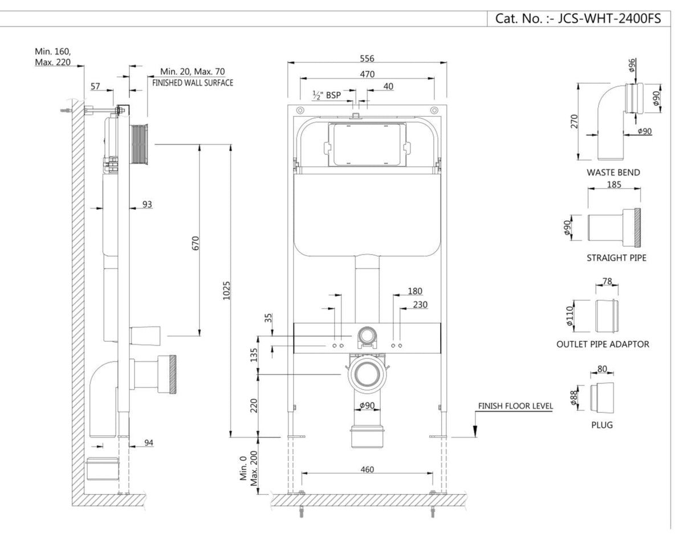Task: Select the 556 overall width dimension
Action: [367, 59]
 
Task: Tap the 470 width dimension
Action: [367, 74]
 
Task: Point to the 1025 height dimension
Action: [226, 290]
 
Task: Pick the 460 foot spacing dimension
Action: [368, 469]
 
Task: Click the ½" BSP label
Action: [326, 95]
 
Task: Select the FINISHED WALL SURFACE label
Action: [193, 83]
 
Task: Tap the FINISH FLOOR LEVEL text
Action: [515, 406]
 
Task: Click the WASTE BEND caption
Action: [613, 172]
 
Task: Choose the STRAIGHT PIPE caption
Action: [616, 258]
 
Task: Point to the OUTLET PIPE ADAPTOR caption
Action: [603, 344]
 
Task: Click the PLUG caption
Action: [602, 425]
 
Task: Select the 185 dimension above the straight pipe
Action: [614, 185]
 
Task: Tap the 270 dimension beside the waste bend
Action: [574, 122]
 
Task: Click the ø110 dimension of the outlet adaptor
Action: [569, 316]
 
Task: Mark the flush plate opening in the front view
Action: [367, 145]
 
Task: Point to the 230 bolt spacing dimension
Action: [420, 305]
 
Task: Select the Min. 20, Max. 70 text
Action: [192, 71]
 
